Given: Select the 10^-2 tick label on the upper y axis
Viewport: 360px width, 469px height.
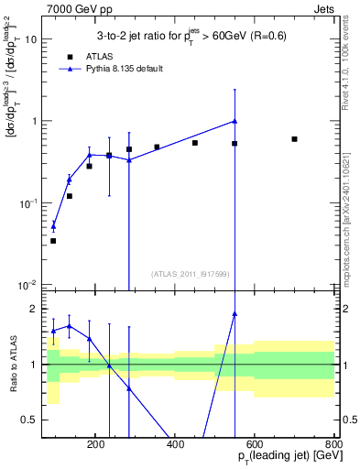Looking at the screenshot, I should pos(27,284).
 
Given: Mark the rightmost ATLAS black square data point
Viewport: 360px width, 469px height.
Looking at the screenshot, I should pos(294,139).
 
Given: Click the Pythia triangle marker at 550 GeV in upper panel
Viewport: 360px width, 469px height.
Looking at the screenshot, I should pos(235,121).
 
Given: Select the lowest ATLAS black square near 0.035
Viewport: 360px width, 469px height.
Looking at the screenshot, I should pos(53,241).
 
